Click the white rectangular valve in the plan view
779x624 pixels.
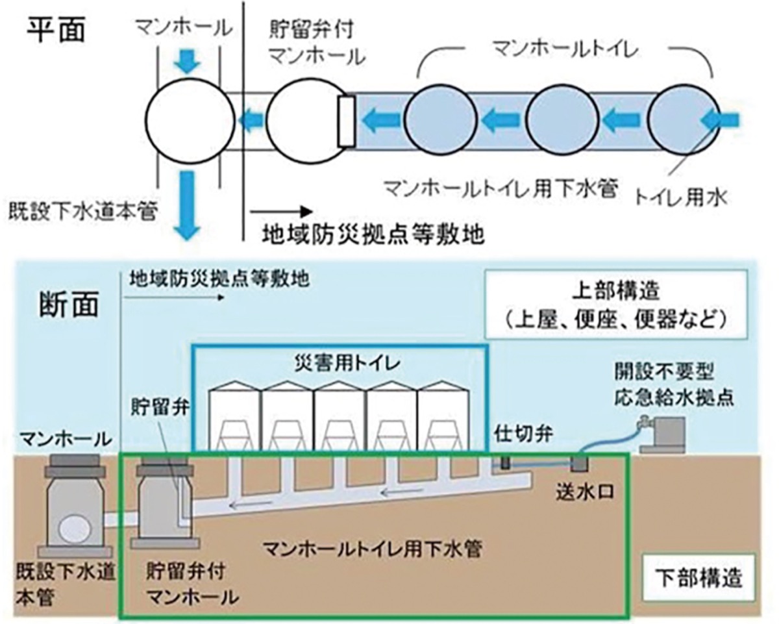point(346,121)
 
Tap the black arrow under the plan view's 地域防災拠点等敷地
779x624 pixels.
point(279,212)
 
